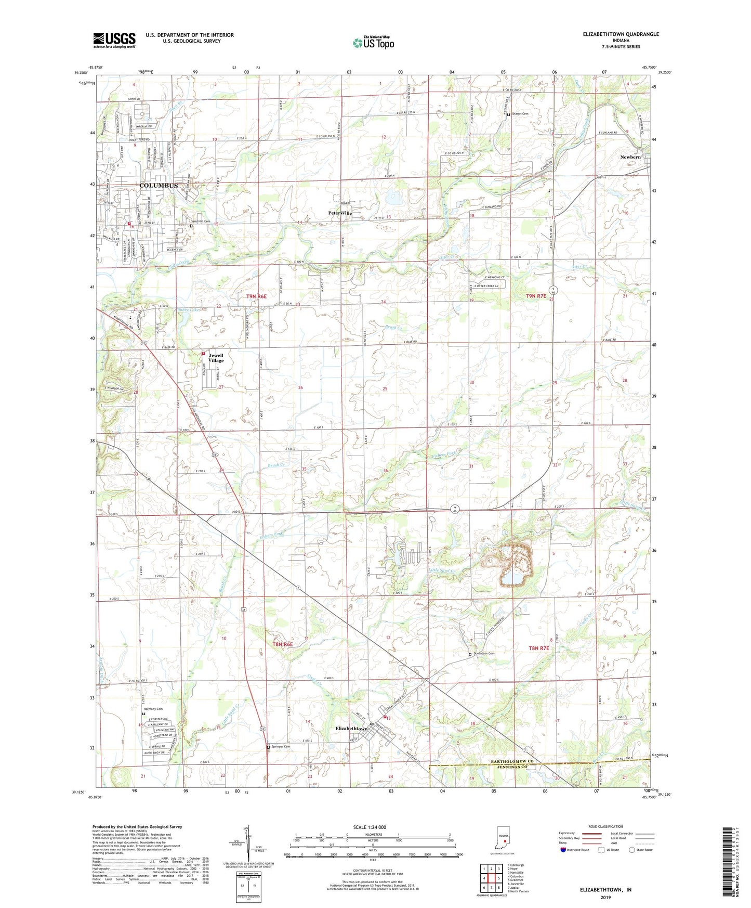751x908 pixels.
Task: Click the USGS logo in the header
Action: pyautogui.click(x=114, y=40)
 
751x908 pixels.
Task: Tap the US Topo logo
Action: pyautogui.click(x=373, y=43)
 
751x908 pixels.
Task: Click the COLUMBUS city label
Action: pyautogui.click(x=159, y=186)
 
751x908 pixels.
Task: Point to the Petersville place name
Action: pyautogui.click(x=340, y=213)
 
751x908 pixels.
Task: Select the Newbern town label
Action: pyautogui.click(x=630, y=157)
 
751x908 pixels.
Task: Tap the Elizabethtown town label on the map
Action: pyautogui.click(x=352, y=729)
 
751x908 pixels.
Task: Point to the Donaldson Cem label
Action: pyautogui.click(x=484, y=654)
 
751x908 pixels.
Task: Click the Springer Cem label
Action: pyautogui.click(x=281, y=746)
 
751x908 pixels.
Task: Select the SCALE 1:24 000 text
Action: pyautogui.click(x=370, y=827)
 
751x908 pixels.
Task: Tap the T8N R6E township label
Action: pyautogui.click(x=283, y=644)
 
